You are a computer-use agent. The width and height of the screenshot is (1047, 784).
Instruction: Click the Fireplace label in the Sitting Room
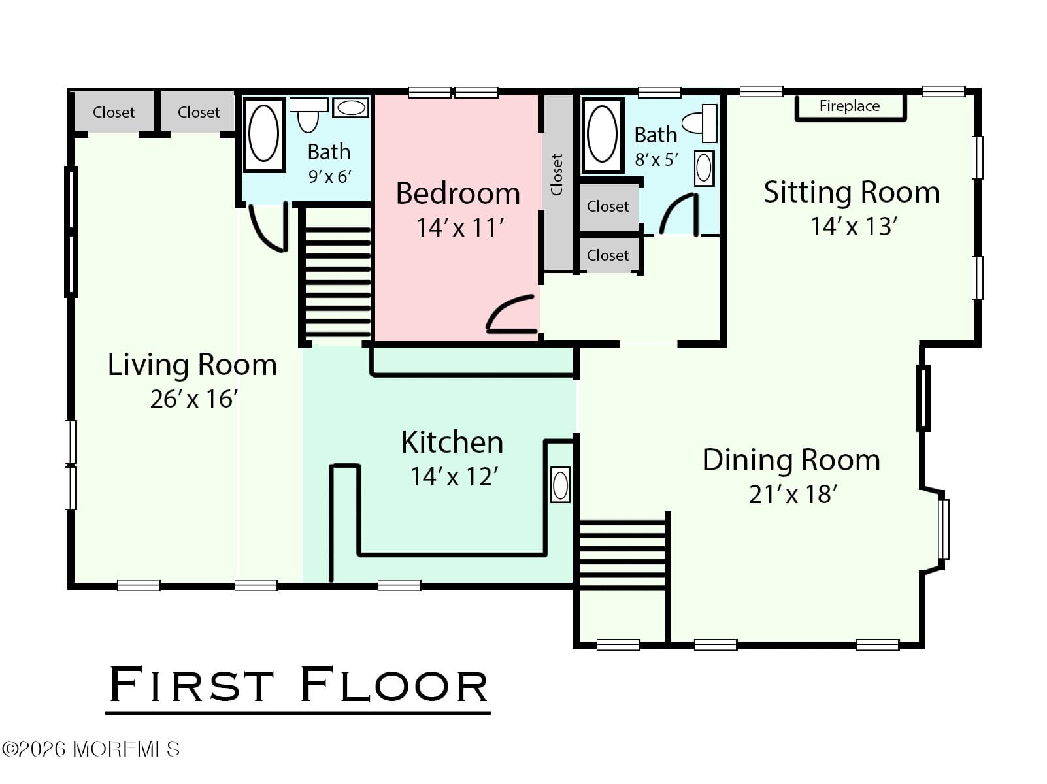click(x=850, y=106)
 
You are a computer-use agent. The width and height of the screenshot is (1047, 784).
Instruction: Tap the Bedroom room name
click(x=458, y=193)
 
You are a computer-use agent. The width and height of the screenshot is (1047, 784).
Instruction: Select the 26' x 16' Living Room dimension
click(x=193, y=399)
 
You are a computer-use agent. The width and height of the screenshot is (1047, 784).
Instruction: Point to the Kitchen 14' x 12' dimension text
click(x=454, y=476)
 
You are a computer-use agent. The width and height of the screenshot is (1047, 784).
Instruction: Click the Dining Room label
click(x=791, y=460)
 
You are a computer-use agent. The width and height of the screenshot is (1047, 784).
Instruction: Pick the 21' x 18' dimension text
click(x=793, y=494)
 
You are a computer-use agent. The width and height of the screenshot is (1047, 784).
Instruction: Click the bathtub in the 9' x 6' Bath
click(x=264, y=134)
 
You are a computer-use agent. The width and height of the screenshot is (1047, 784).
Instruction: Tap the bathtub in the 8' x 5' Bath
click(x=602, y=135)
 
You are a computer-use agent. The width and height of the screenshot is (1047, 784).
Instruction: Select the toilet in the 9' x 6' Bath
click(x=308, y=114)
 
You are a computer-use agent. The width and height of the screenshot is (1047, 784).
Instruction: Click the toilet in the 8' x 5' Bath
click(x=700, y=123)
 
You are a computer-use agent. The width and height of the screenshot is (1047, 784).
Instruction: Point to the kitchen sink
click(x=560, y=485)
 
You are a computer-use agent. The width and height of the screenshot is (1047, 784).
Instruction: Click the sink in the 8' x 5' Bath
click(x=704, y=168)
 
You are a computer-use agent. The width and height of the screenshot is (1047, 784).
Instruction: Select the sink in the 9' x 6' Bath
click(x=350, y=107)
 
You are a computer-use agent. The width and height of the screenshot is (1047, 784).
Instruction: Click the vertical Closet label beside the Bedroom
click(x=557, y=174)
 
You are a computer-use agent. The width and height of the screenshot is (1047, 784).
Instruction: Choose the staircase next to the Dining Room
click(x=622, y=555)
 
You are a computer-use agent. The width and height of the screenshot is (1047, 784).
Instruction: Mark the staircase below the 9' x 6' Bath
click(x=337, y=282)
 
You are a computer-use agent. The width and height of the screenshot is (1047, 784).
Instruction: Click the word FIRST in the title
click(x=191, y=685)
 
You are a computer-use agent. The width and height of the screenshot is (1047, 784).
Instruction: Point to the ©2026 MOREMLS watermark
click(x=91, y=749)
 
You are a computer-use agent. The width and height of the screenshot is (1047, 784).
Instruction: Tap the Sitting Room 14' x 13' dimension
click(x=854, y=226)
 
